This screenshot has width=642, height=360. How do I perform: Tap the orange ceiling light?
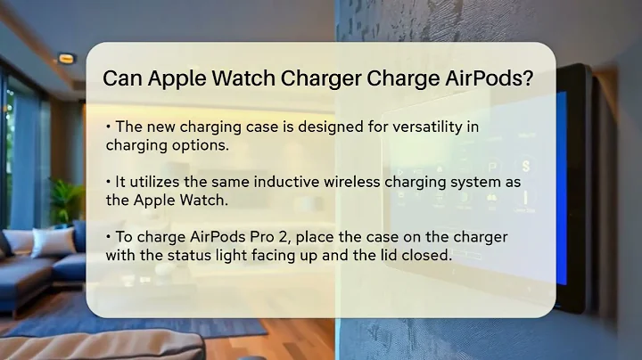coord(66,59)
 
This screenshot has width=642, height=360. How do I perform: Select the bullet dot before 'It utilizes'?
coord(107,182)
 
